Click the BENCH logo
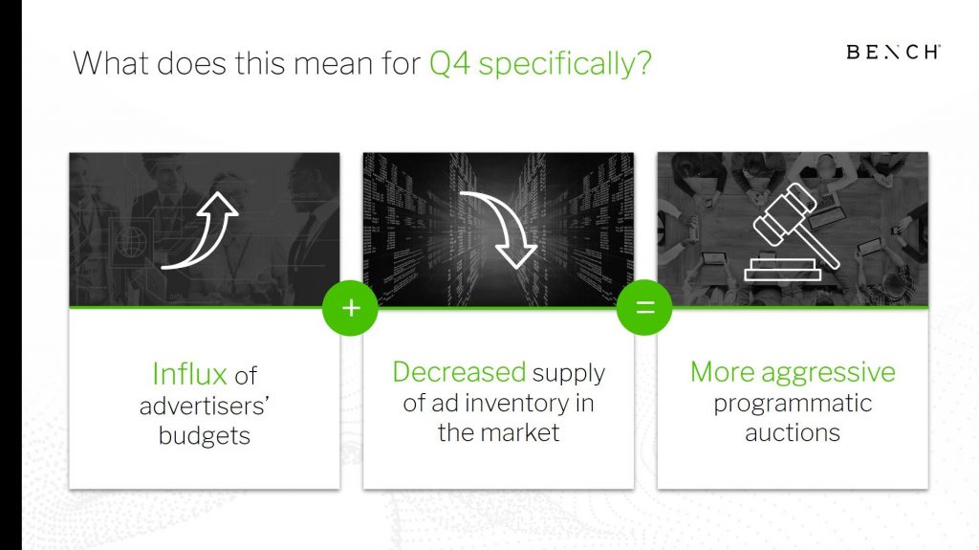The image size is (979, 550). (x=894, y=52)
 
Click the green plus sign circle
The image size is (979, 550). (x=350, y=307)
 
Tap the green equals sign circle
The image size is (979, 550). (x=644, y=307)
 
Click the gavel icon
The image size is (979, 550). (x=793, y=231)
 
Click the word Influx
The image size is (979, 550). (x=190, y=374)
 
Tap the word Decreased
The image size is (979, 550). (x=459, y=372)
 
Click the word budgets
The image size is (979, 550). (x=205, y=435)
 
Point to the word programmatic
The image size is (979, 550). (x=793, y=405)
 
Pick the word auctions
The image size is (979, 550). (x=793, y=432)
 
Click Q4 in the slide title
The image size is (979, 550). (x=449, y=63)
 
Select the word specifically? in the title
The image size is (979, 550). (x=564, y=64)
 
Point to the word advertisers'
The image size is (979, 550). (x=205, y=407)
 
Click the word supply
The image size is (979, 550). (x=569, y=374)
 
